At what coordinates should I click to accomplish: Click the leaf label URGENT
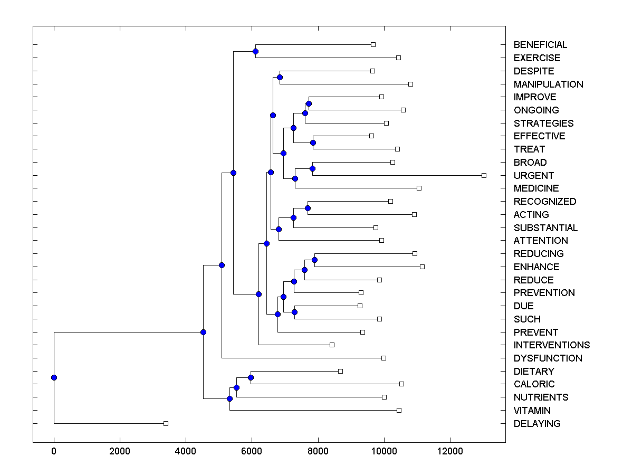click(x=534, y=175)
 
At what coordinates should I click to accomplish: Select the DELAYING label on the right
click(x=537, y=423)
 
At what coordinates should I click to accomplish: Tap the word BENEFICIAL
click(x=540, y=45)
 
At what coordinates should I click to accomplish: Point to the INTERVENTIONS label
click(x=552, y=345)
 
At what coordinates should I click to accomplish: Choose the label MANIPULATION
click(x=548, y=84)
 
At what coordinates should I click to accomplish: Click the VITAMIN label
click(x=532, y=410)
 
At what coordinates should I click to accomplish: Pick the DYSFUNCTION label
click(x=548, y=358)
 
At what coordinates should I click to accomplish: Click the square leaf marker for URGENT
click(x=484, y=175)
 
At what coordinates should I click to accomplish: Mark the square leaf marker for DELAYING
click(x=166, y=423)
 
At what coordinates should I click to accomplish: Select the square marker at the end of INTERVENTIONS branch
click(x=332, y=345)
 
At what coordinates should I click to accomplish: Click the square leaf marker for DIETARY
click(x=340, y=371)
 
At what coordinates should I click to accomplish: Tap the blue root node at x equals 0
click(x=54, y=377)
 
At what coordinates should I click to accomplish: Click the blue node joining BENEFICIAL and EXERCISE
click(x=255, y=51)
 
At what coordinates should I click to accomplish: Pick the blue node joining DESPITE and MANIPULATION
click(x=280, y=77)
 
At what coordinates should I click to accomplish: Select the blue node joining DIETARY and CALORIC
click(x=251, y=377)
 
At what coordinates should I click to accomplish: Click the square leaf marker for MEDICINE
click(x=419, y=188)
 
